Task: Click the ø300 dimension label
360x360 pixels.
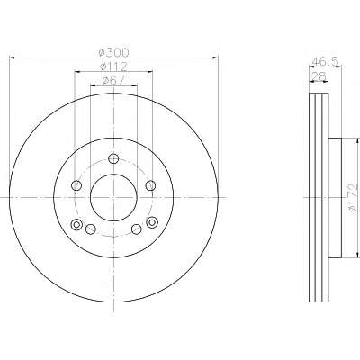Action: [114, 52]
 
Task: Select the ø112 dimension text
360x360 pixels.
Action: [113, 67]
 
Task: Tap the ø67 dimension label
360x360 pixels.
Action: [113, 80]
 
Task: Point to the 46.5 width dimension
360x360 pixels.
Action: [326, 61]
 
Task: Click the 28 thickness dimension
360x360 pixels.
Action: [319, 76]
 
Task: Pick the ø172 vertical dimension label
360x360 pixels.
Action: [354, 198]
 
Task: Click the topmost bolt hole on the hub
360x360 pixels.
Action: [113, 158]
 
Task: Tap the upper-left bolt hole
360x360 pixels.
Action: [76, 185]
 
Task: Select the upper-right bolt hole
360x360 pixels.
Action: [151, 185]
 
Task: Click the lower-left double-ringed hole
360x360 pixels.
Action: [76, 224]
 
